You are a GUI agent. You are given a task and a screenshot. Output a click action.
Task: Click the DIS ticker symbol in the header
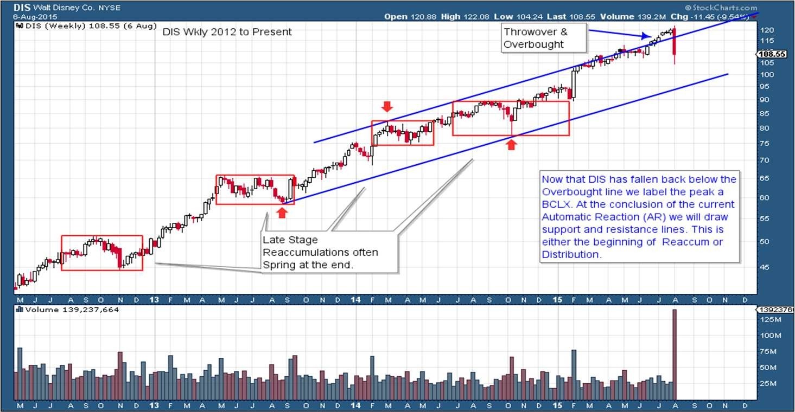click(22, 8)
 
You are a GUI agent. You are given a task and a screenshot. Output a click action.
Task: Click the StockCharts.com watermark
click(722, 8)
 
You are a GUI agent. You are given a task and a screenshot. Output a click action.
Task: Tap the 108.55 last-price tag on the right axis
click(773, 54)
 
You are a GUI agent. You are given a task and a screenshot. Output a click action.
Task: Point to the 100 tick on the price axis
click(766, 74)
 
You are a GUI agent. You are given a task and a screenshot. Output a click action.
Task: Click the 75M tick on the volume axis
click(766, 351)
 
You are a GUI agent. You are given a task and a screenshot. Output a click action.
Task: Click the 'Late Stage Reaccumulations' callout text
click(320, 253)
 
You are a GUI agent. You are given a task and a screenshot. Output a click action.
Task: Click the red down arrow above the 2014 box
click(386, 106)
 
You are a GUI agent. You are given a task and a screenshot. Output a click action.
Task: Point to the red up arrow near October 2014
click(511, 144)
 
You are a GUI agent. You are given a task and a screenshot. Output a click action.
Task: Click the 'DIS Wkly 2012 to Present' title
click(227, 32)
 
